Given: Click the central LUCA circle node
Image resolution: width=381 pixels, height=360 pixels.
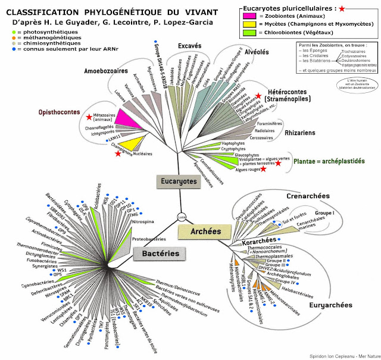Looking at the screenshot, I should pos(182,217).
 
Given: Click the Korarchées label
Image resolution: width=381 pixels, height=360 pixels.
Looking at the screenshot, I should pos(260,241).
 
